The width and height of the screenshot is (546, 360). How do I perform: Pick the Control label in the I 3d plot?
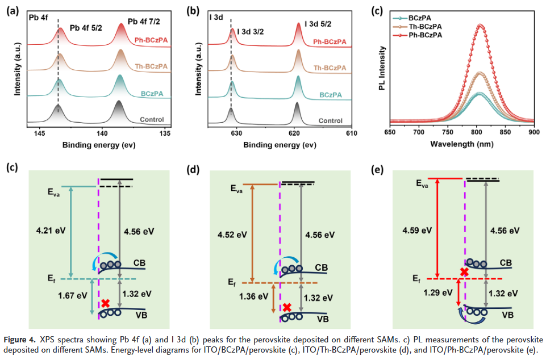(330, 120)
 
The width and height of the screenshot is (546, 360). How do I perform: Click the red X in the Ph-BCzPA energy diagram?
(464, 272)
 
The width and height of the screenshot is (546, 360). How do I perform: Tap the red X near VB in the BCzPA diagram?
(105, 303)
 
